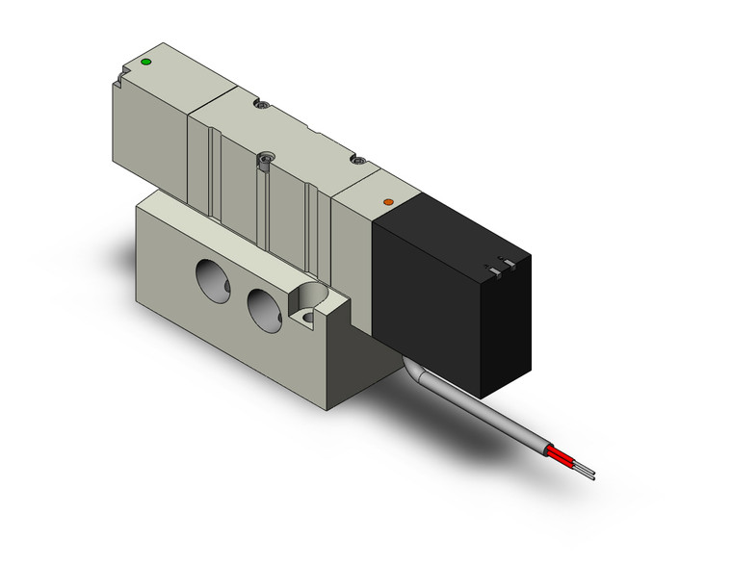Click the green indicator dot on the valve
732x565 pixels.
coord(145,63)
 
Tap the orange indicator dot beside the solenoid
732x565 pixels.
coord(387,202)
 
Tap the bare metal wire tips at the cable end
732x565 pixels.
coord(587,472)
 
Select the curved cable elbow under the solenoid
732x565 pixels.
coord(416,370)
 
